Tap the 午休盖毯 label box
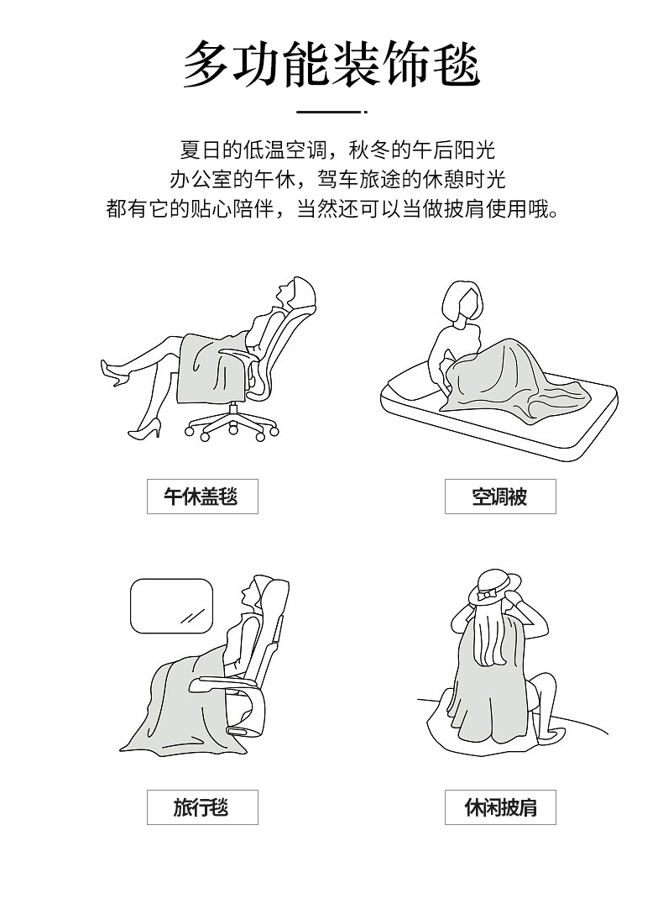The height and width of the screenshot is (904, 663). click(x=202, y=496)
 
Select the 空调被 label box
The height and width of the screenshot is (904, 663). click(x=500, y=496)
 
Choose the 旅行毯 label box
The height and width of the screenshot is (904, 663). click(x=202, y=807)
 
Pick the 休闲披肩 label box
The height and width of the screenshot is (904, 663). click(x=500, y=807)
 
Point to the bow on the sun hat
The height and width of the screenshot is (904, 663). click(x=488, y=594)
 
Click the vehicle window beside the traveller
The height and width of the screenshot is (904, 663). click(x=172, y=606)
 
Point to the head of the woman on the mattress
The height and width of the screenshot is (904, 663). click(x=462, y=302)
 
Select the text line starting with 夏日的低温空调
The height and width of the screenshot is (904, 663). click(x=337, y=150)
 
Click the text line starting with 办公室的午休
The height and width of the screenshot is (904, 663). click(x=337, y=179)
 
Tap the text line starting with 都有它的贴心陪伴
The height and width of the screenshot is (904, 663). click(x=332, y=208)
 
